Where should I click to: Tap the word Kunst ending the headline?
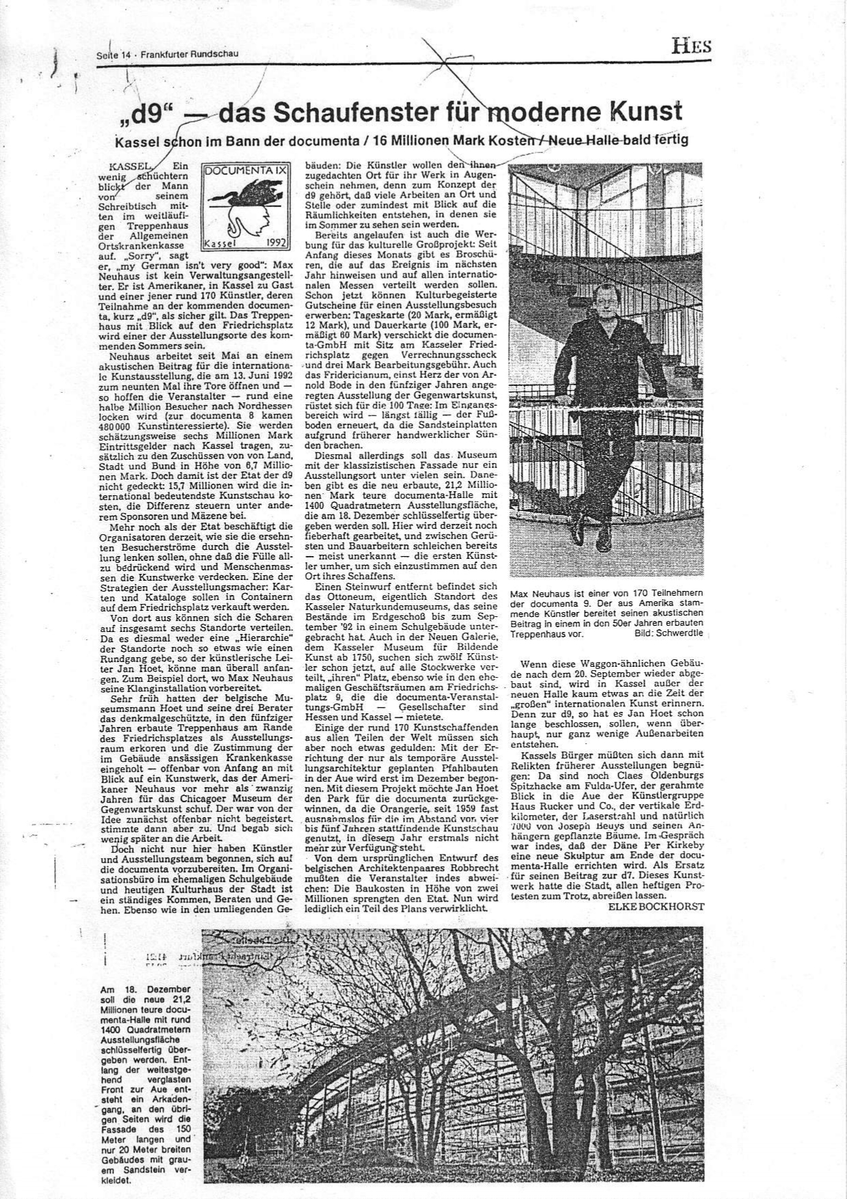tap(642, 111)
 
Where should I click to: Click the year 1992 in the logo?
tap(274, 242)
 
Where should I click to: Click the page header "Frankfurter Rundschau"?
tap(189, 54)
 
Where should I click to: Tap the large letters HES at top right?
tap(691, 47)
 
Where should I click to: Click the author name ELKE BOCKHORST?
tap(655, 906)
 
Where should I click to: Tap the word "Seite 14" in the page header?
tap(112, 55)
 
